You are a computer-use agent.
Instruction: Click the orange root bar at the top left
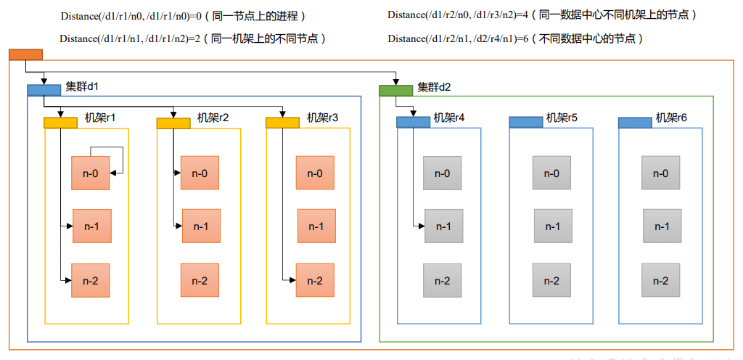[x=25, y=54]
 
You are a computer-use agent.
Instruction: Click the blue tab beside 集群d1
[x=44, y=90]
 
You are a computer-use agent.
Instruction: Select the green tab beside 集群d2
[x=395, y=91]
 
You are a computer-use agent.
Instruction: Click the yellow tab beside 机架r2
[x=173, y=123]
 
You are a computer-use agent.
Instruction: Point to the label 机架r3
[x=322, y=118]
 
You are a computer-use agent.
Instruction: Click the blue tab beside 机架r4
[x=413, y=122]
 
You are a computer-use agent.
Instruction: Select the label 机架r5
[x=562, y=118]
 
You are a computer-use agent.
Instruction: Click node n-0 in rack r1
[x=90, y=173]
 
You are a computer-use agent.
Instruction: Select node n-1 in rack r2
[x=200, y=226]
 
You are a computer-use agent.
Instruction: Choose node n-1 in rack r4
[x=443, y=226]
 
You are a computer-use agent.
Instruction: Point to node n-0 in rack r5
[x=552, y=173]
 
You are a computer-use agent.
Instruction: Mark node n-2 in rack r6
[x=661, y=281]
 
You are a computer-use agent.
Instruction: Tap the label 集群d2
[x=434, y=88]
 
